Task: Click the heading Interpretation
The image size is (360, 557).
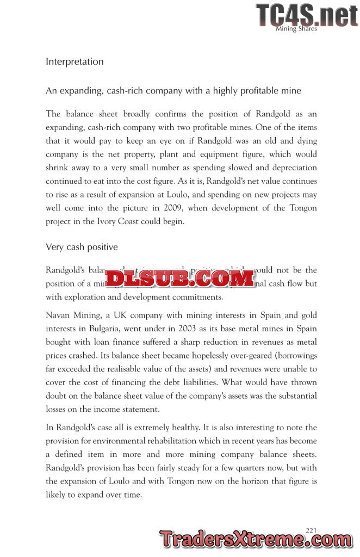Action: [x=75, y=61]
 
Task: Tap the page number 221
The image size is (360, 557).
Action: [x=311, y=530]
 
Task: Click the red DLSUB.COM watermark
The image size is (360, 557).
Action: [x=179, y=278]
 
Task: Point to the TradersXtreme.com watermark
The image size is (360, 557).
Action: [x=256, y=539]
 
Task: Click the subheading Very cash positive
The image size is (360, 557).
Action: [x=82, y=247]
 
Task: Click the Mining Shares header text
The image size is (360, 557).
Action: [x=296, y=29]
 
